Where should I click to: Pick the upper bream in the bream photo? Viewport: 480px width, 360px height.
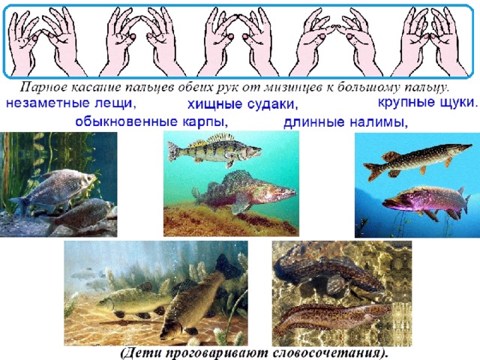pos(53,190)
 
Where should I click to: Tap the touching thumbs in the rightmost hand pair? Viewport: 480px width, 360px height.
pos(430,37)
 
